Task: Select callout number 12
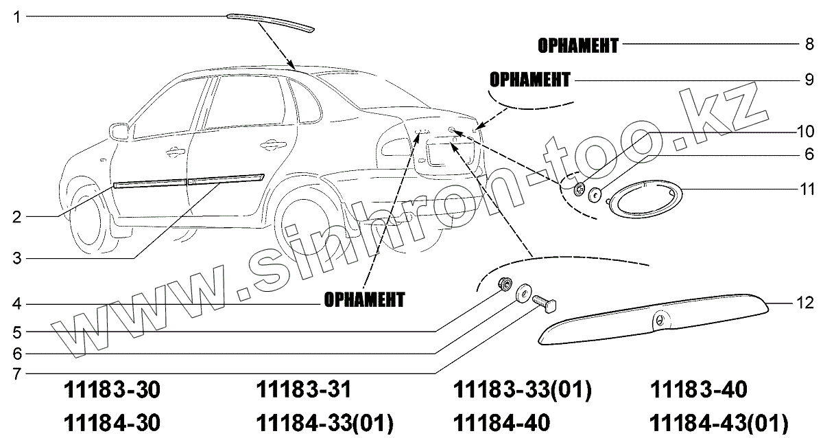[804, 303]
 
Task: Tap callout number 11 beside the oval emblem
[807, 187]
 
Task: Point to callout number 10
[804, 130]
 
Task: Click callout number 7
[16, 375]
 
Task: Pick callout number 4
[16, 304]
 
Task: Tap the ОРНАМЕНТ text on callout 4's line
[363, 300]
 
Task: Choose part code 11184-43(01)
[717, 422]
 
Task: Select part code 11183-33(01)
[522, 391]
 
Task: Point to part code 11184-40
[502, 422]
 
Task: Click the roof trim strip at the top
[271, 21]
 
